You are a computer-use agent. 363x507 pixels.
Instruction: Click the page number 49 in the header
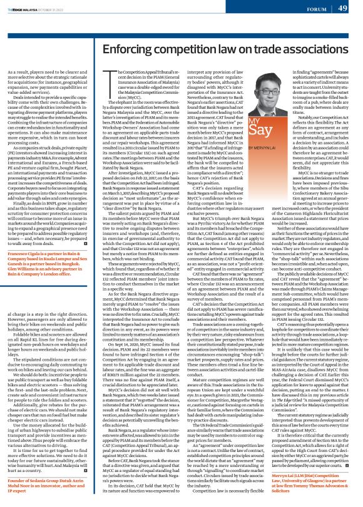pyautogui.click(x=344, y=8)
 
